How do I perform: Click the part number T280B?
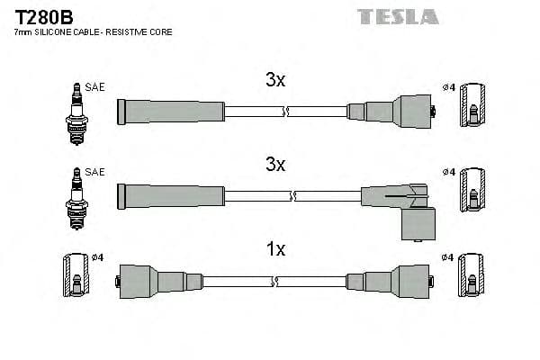click(x=42, y=15)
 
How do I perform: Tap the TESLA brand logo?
click(x=397, y=16)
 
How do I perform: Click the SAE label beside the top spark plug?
click(x=95, y=87)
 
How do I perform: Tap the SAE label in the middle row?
click(x=95, y=172)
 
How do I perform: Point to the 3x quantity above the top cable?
click(x=275, y=80)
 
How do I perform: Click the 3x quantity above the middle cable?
click(x=275, y=165)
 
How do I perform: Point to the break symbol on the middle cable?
click(x=293, y=195)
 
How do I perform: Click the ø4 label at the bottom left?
click(x=98, y=257)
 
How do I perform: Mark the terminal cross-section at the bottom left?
click(x=76, y=280)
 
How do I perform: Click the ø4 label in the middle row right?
click(x=448, y=172)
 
